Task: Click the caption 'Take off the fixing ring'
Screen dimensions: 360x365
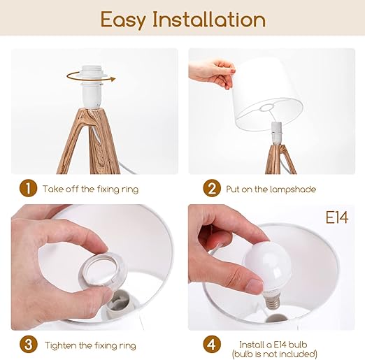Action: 90,189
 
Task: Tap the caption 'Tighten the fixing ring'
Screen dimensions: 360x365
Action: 90,345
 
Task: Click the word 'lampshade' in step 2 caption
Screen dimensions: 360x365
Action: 294,189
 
